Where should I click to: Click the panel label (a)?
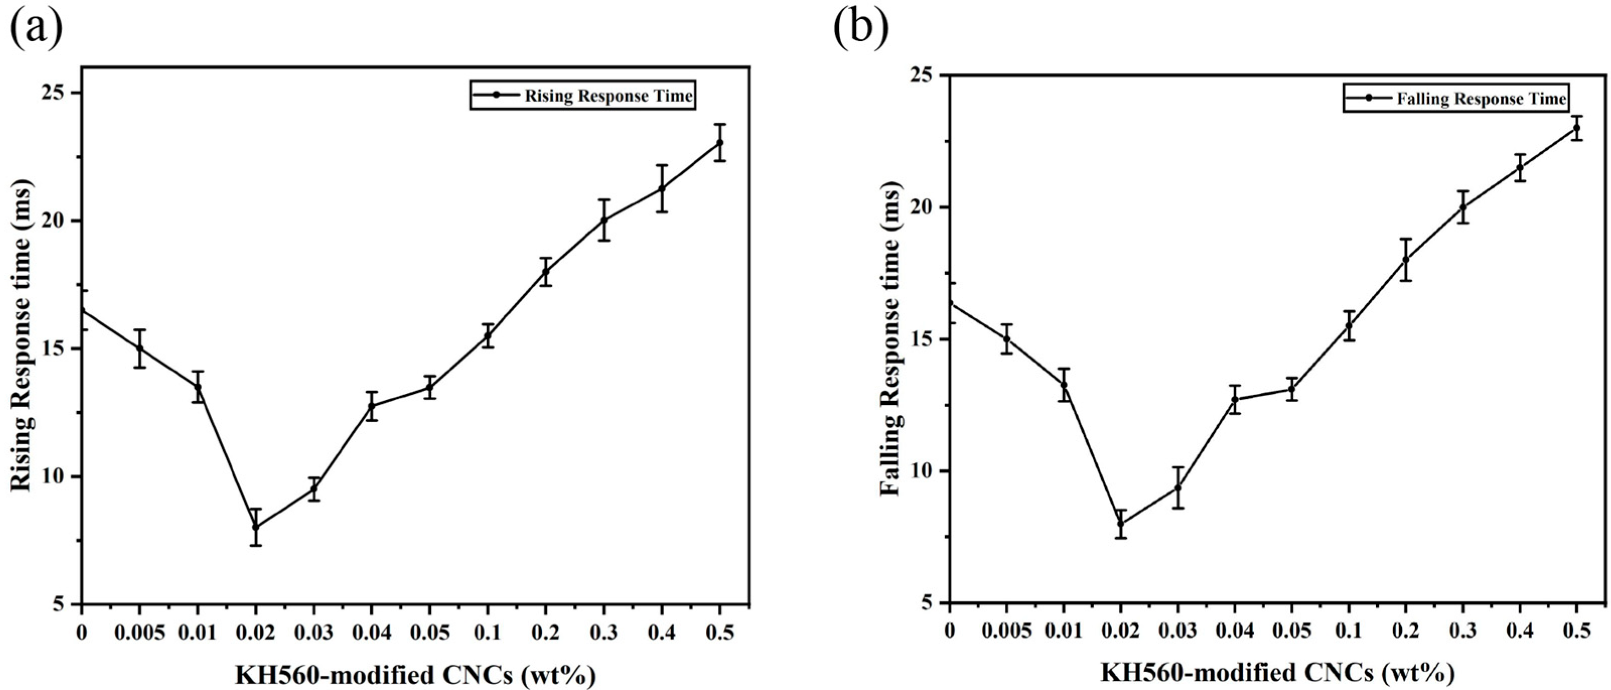coord(36,28)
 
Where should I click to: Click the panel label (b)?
coord(860,28)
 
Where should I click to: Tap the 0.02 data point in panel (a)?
coord(256,527)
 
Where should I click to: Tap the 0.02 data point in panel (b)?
coord(1121,524)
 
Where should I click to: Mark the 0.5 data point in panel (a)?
coord(720,142)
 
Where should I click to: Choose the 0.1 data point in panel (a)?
coord(488,336)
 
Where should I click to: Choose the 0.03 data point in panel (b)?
coord(1178,487)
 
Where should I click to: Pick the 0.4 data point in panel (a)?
coord(662,188)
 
